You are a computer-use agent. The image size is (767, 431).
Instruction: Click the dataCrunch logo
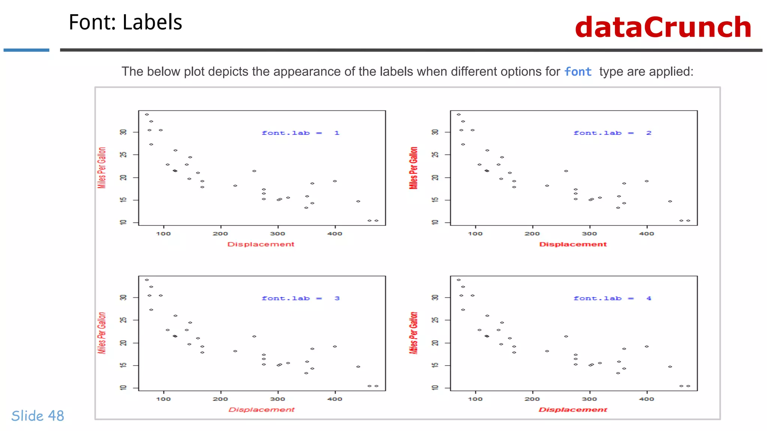(x=663, y=27)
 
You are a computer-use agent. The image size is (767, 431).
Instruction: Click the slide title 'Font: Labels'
(x=125, y=22)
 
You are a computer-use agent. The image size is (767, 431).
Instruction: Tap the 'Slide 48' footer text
(x=38, y=416)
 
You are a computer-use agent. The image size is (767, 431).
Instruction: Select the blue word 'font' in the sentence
(x=578, y=71)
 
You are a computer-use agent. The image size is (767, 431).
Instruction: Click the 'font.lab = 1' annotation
(x=300, y=133)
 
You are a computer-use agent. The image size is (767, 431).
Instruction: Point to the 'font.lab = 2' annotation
(x=612, y=133)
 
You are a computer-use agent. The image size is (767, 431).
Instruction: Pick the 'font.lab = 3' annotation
(x=300, y=298)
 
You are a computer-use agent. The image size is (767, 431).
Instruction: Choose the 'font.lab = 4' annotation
(x=612, y=298)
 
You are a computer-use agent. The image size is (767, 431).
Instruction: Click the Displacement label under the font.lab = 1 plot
(x=261, y=244)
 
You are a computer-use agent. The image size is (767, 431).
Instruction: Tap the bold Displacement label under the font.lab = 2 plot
(x=573, y=244)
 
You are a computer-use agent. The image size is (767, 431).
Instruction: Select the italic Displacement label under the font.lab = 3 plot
(x=261, y=410)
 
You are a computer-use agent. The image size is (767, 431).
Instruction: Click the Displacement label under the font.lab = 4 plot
(x=573, y=410)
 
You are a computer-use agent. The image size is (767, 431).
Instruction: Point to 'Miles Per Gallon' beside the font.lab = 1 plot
(x=102, y=168)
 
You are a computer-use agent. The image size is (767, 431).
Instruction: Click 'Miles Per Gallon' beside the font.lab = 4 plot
(x=413, y=333)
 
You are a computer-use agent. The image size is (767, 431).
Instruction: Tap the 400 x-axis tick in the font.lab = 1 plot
(x=334, y=234)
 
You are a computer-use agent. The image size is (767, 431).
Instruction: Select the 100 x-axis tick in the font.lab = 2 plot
(x=475, y=234)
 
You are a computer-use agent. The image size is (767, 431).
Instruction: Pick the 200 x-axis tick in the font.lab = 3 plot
(x=220, y=399)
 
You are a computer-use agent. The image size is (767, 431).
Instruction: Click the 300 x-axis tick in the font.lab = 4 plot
(x=589, y=399)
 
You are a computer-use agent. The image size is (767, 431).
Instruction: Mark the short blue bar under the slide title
(x=26, y=50)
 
